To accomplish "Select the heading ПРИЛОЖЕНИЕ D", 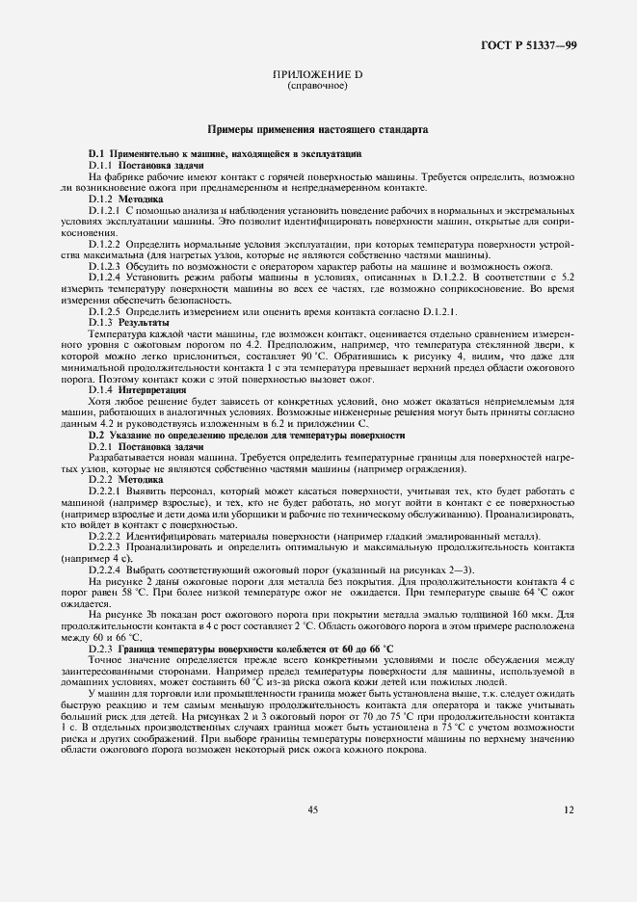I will point(317,75).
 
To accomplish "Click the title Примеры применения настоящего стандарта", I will point(318,128).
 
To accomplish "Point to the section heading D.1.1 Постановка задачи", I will point(134,166).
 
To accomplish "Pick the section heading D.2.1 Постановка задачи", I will point(134,447).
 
